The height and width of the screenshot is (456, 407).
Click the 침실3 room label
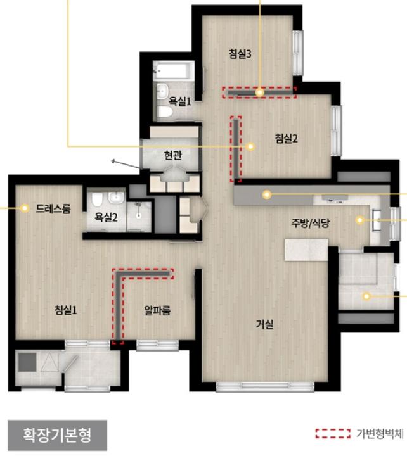tap(240, 54)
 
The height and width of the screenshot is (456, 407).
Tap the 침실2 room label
tap(286, 139)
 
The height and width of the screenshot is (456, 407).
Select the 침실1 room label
tap(66, 310)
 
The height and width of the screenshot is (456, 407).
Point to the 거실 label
tap(264, 324)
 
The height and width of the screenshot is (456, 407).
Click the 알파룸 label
tap(157, 310)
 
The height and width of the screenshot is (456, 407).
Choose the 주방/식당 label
tap(311, 223)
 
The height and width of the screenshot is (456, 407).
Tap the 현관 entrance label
tap(173, 155)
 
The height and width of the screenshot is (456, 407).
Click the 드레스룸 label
tap(53, 208)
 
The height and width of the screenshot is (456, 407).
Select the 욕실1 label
tap(180, 101)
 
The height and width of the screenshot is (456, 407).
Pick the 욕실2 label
tap(106, 217)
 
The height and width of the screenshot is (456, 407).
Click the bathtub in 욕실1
tap(174, 70)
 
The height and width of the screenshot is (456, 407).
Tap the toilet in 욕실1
tap(165, 111)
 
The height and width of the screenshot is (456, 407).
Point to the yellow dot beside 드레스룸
tap(25, 208)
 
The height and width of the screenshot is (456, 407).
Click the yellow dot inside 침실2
tap(250, 146)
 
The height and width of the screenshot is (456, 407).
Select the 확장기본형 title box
tap(57, 434)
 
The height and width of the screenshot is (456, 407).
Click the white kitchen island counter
tap(306, 250)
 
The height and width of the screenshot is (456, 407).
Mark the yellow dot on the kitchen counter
tap(267, 194)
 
